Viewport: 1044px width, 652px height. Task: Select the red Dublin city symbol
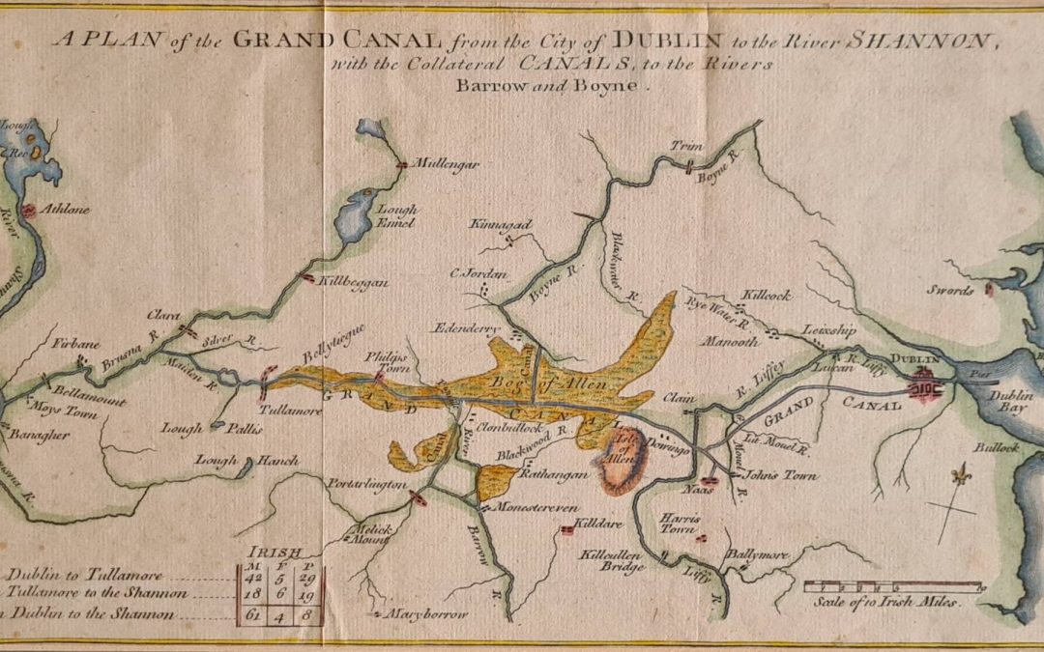coord(926,384)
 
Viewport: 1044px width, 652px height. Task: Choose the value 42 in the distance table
coord(251,577)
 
